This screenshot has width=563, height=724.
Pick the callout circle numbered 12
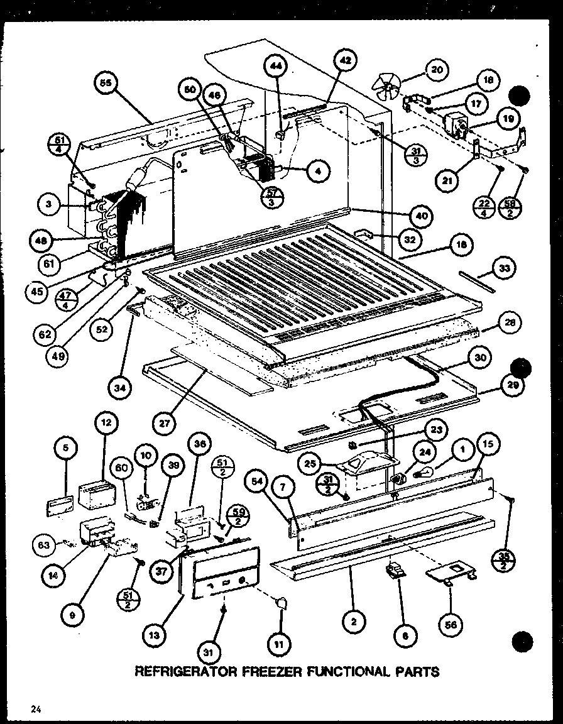pyautogui.click(x=107, y=424)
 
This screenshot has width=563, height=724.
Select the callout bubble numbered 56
pyautogui.click(x=452, y=625)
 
